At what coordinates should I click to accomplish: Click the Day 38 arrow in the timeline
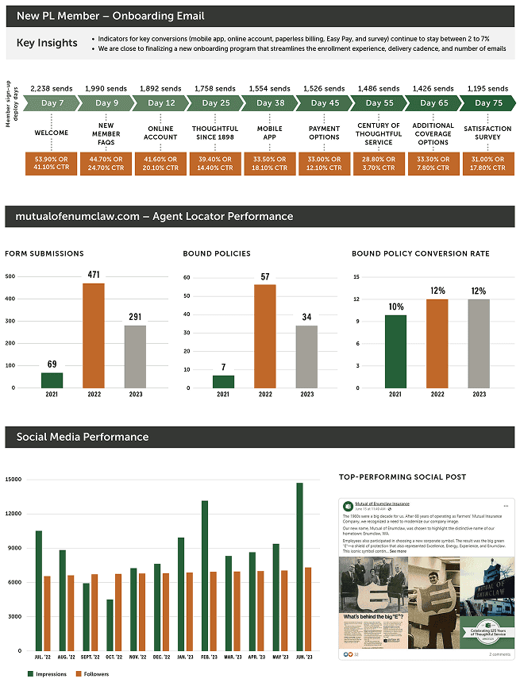(269, 103)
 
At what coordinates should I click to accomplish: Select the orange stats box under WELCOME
(51, 164)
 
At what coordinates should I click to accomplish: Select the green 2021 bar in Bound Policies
(223, 381)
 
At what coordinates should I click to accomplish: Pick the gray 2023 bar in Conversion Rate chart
(479, 343)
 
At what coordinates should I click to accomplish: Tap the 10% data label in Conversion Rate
(395, 307)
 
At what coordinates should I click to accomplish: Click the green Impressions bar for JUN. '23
(299, 566)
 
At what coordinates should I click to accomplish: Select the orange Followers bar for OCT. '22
(118, 612)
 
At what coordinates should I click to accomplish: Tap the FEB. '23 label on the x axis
(209, 658)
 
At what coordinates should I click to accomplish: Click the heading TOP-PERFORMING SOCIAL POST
(403, 476)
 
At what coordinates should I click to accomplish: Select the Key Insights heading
(47, 43)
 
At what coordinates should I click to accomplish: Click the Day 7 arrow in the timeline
(52, 103)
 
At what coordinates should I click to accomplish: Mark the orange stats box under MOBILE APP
(269, 164)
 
